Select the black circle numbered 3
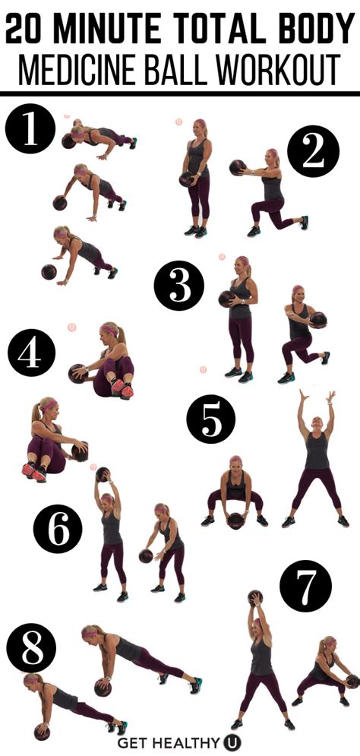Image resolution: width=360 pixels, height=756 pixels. click(179, 287)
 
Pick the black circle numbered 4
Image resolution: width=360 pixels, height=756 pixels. click(33, 353)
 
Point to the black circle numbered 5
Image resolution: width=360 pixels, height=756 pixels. click(211, 418)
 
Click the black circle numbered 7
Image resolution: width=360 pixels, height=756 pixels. click(305, 587)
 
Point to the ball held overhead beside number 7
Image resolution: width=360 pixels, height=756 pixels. click(255, 598)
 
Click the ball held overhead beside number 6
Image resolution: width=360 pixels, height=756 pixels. click(103, 475)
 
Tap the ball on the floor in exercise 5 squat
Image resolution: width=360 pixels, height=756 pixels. click(236, 519)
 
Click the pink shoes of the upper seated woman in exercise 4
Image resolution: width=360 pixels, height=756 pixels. click(122, 388)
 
